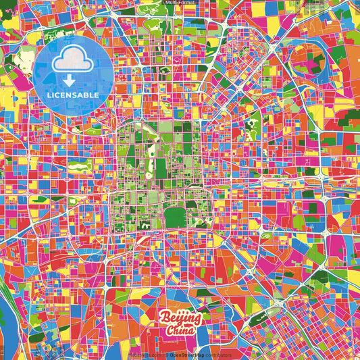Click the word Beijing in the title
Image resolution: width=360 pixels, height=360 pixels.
point(180,319)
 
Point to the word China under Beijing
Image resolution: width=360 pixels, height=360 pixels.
point(181,332)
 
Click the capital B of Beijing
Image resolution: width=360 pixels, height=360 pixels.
point(164,317)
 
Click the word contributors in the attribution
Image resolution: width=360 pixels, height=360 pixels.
point(218,355)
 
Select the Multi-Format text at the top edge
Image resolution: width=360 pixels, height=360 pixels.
point(180,3)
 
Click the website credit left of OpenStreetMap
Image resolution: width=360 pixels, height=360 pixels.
point(145,355)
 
